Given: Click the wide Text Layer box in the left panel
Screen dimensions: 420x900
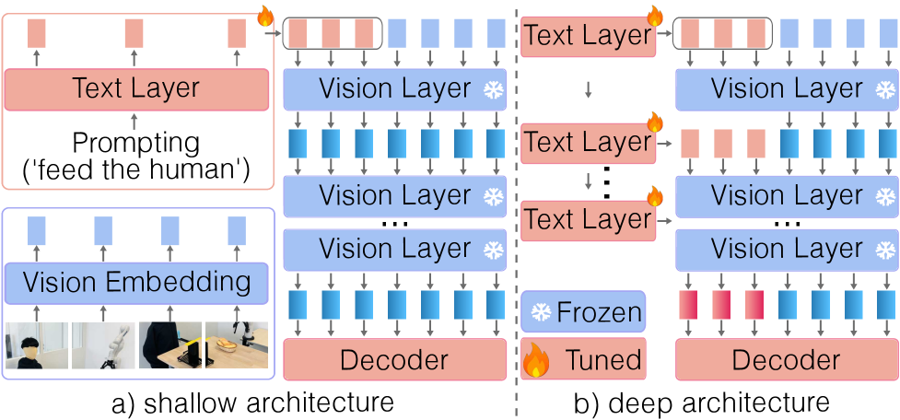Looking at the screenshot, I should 136,88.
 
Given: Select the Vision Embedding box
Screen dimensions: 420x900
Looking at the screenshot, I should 136,282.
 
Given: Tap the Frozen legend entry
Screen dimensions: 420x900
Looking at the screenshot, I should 584,312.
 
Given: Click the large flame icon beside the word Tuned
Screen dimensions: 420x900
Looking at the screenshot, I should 536,360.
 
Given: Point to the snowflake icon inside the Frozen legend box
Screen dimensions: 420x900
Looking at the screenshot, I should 540,312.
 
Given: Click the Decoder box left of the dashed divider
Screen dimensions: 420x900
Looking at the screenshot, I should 394,360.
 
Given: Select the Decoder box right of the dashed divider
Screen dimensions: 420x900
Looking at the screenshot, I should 786,360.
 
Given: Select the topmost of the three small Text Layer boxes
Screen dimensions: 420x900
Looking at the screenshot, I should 588,36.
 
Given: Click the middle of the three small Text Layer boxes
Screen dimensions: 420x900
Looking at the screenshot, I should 588,143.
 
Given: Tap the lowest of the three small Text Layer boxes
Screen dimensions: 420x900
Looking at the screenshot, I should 588,220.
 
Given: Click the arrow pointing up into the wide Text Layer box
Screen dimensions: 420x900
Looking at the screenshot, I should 134,121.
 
